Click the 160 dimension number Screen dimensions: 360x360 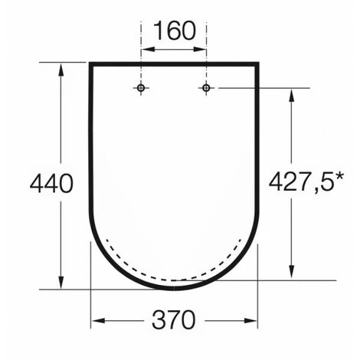pos(175,31)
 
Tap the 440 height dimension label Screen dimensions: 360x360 pos(51,183)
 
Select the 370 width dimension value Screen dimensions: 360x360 pos(174,319)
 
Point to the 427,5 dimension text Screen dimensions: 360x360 pos(302,182)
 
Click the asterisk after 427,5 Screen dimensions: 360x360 pos(339,177)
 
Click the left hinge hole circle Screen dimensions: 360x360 pos(141,88)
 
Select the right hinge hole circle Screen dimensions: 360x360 pos(206,88)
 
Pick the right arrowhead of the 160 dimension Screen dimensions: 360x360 pos(200,49)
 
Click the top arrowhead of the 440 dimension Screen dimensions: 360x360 pos(61,69)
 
